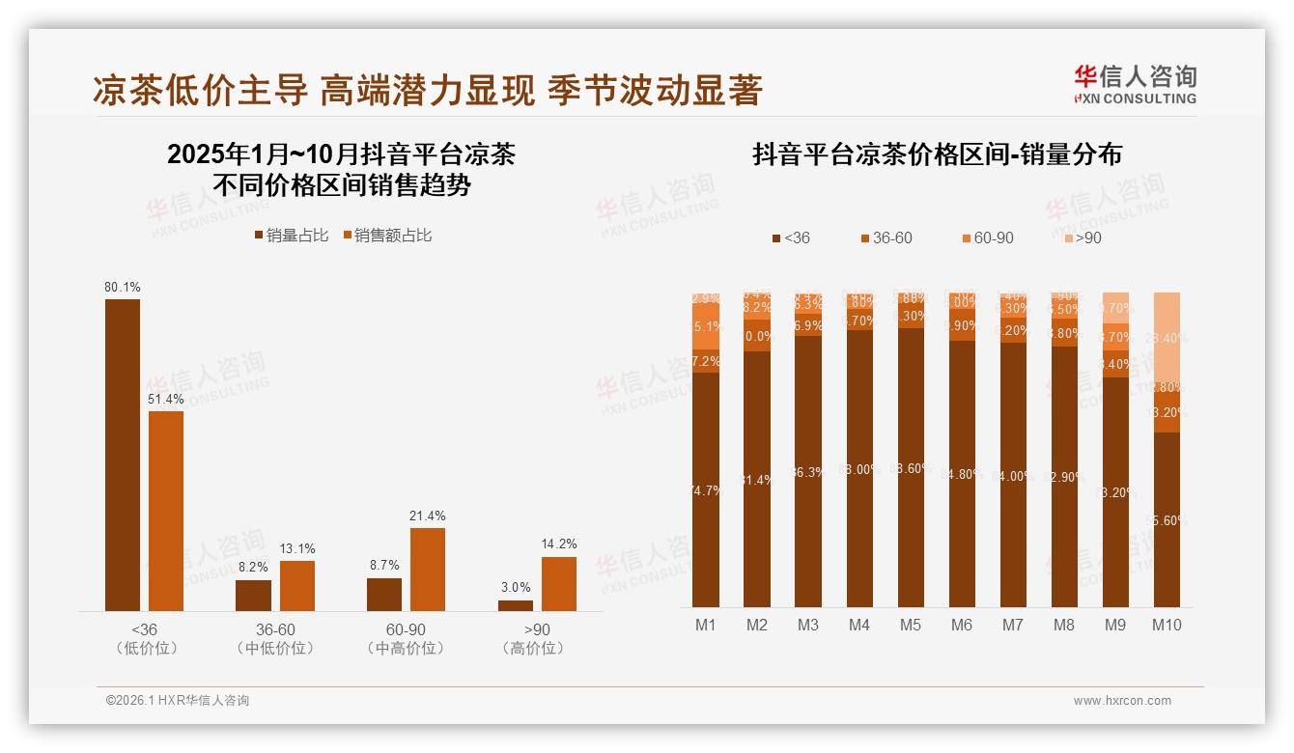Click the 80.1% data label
pos(123,287)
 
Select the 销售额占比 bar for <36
pos(166,511)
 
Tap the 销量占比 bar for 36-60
pos(253,595)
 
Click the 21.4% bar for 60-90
pos(428,569)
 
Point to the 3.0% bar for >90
pos(516,605)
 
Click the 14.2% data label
pos(559,544)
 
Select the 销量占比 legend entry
pos(291,236)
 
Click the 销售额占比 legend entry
pos(386,236)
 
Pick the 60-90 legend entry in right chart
pos(987,237)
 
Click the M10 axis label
pos(1167,625)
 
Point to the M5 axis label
pos(911,625)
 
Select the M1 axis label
pos(706,625)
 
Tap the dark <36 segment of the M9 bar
pos(1115,492)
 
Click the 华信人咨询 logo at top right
pos(1135,84)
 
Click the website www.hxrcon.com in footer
pos(1122,701)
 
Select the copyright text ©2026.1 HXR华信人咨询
pos(178,701)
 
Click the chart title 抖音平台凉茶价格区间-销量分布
pos(937,154)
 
